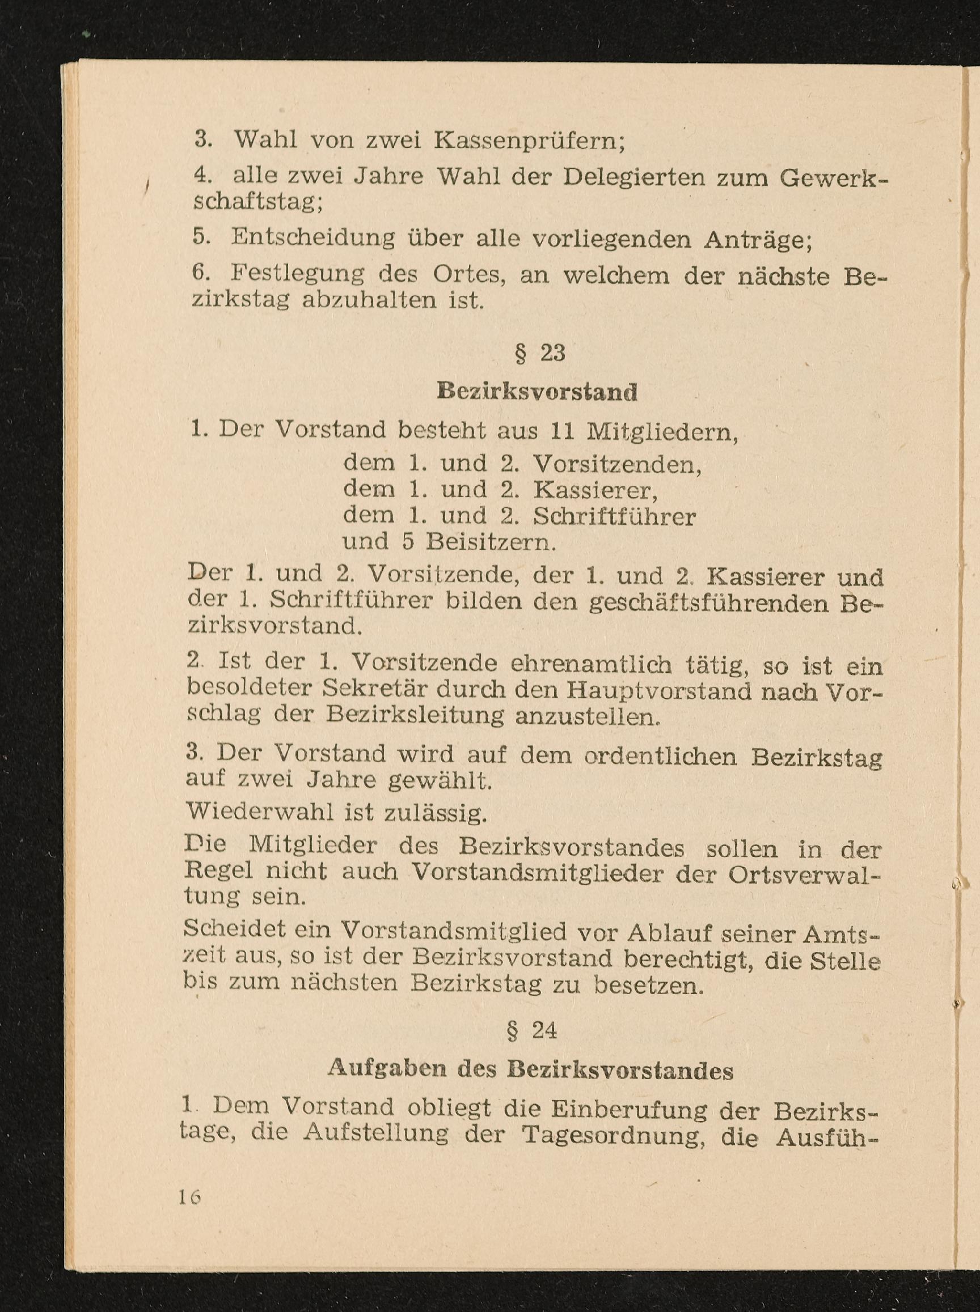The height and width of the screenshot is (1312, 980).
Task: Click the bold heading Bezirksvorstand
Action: point(537,392)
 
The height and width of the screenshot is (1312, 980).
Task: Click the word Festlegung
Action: point(298,274)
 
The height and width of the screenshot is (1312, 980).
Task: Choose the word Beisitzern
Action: point(491,541)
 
